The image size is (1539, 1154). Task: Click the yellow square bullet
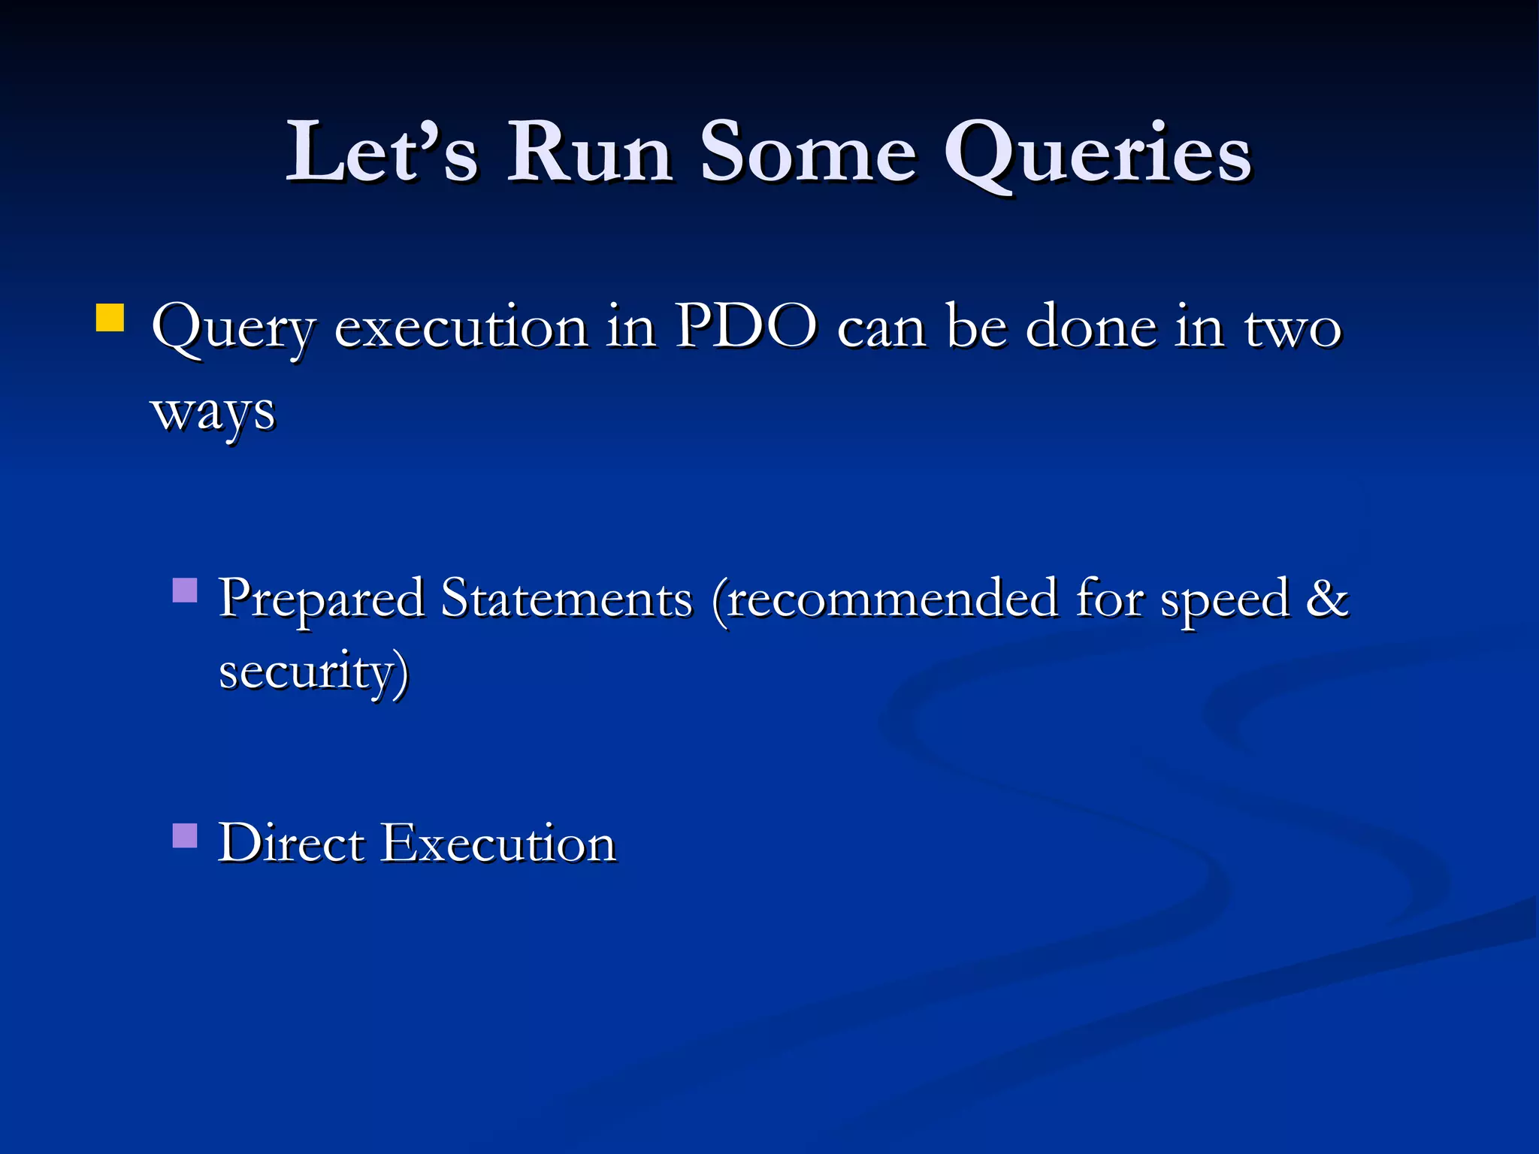(110, 317)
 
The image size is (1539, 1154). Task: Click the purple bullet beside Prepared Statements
(185, 591)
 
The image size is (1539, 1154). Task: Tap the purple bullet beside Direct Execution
(185, 835)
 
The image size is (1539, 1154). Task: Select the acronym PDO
(746, 328)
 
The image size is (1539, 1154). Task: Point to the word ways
(213, 413)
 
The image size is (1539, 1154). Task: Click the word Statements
(566, 600)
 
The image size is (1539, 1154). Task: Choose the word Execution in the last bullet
(499, 843)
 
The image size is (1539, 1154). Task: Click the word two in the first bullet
(1293, 329)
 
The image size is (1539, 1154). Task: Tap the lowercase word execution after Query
(461, 329)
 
